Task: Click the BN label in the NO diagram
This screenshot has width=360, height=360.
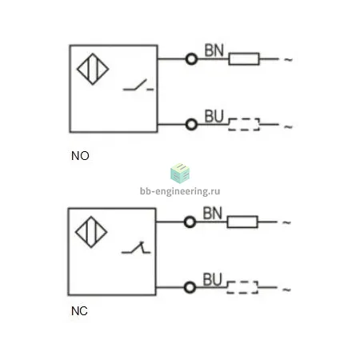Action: click(x=214, y=50)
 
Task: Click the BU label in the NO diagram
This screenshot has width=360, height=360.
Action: click(x=214, y=116)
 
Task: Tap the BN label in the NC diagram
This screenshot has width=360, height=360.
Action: click(x=212, y=213)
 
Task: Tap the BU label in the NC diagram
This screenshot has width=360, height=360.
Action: click(x=212, y=279)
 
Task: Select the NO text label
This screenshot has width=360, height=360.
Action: click(x=80, y=156)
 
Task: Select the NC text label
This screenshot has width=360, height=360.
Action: click(x=79, y=311)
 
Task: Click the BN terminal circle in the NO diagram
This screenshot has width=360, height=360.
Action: click(x=191, y=58)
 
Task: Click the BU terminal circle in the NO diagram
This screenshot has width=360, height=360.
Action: click(x=191, y=125)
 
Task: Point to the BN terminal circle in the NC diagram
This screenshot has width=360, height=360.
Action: click(x=190, y=222)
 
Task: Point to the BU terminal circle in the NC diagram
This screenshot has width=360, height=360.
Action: click(x=190, y=287)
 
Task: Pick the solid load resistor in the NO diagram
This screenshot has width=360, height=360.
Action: click(x=244, y=58)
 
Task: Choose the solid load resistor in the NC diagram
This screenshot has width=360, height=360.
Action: click(x=242, y=222)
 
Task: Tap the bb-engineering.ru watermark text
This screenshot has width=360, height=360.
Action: click(x=180, y=191)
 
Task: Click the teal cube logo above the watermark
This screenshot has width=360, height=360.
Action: click(x=180, y=174)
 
